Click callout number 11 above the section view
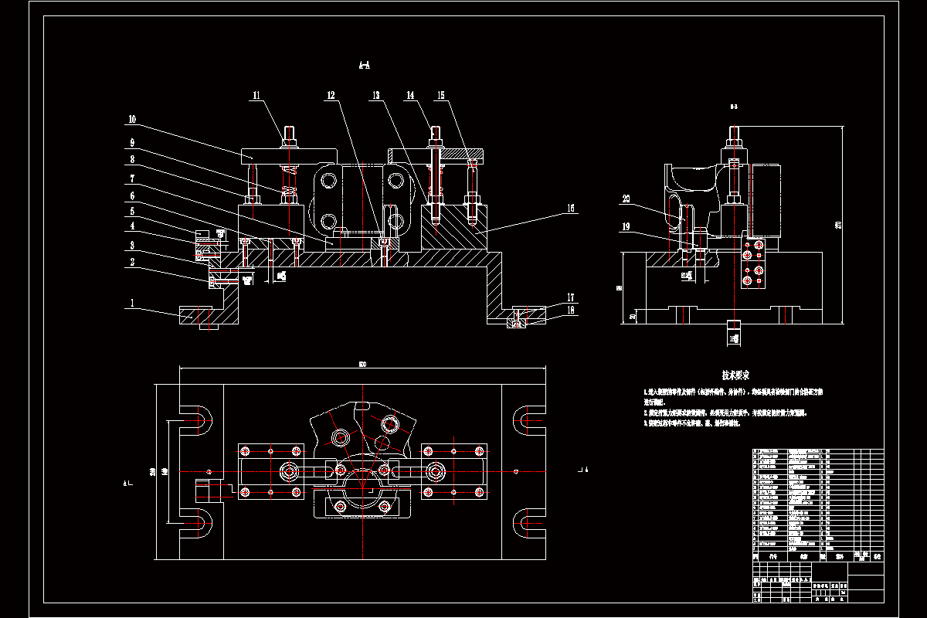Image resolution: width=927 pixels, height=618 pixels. [x=256, y=96]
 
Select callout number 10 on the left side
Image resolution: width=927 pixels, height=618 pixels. [x=132, y=120]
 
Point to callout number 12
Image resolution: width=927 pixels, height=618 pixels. [x=331, y=96]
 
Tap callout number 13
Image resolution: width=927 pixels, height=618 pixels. [x=376, y=96]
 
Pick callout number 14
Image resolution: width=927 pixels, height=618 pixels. [x=410, y=96]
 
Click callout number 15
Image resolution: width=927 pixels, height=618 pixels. [x=441, y=96]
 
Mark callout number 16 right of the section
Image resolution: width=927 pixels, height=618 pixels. [x=571, y=208]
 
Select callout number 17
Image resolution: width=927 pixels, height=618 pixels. [x=571, y=297]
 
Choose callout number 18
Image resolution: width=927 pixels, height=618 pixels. [x=571, y=310]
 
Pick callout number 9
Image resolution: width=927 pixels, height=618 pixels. [x=132, y=143]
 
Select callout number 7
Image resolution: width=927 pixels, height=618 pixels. [x=132, y=178]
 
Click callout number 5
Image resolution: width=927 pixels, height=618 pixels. [x=132, y=210]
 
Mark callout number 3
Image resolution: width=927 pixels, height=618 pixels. [x=132, y=245]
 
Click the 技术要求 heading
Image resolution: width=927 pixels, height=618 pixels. [x=736, y=375]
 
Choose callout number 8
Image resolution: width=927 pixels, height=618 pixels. [x=132, y=160]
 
